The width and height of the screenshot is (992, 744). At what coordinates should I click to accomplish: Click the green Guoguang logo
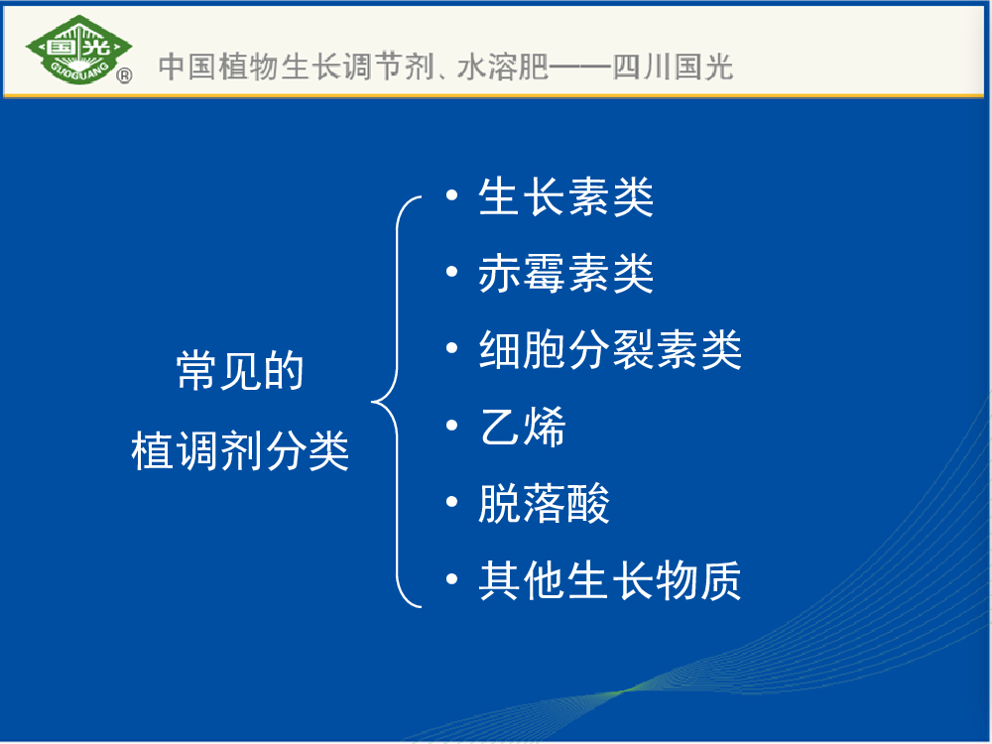pyautogui.click(x=78, y=50)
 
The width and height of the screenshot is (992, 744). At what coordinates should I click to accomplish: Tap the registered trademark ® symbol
pyautogui.click(x=125, y=76)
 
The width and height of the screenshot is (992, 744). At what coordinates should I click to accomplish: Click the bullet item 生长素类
pyautogui.click(x=565, y=196)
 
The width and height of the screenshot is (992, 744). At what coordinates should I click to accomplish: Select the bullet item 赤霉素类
pyautogui.click(x=565, y=274)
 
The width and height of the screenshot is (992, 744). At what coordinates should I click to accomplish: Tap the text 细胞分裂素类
pyautogui.click(x=610, y=350)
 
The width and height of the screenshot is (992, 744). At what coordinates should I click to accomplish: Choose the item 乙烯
pyautogui.click(x=522, y=427)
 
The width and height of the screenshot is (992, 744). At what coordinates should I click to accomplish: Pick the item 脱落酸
pyautogui.click(x=544, y=504)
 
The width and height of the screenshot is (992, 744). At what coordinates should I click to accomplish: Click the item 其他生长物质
pyautogui.click(x=610, y=580)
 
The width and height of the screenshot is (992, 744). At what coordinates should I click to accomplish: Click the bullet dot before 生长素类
pyautogui.click(x=451, y=194)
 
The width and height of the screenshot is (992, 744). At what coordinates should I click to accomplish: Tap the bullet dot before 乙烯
pyautogui.click(x=451, y=426)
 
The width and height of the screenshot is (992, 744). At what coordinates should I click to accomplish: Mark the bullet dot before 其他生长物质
pyautogui.click(x=451, y=578)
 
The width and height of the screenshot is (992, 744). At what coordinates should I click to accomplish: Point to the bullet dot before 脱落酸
pyautogui.click(x=451, y=502)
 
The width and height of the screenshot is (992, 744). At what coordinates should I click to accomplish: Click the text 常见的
pyautogui.click(x=240, y=371)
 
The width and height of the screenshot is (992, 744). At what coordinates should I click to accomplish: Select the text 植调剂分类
pyautogui.click(x=240, y=451)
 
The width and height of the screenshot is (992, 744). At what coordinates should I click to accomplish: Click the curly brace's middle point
pyautogui.click(x=372, y=401)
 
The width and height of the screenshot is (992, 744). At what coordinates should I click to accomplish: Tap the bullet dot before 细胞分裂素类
pyautogui.click(x=451, y=348)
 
